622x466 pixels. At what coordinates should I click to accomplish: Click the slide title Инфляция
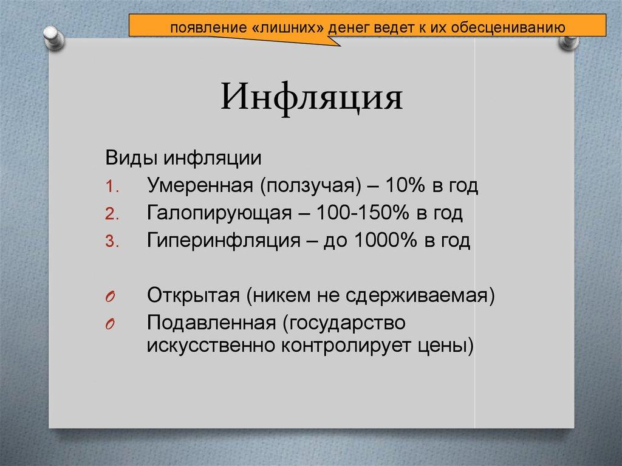click(311, 98)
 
